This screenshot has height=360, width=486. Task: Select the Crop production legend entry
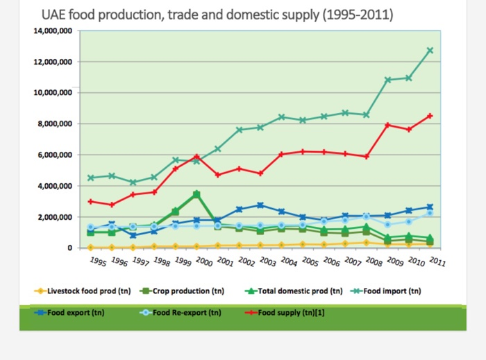[x=181, y=291]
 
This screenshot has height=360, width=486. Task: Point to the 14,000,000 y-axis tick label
[x=53, y=31]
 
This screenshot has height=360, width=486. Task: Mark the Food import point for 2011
[x=430, y=50]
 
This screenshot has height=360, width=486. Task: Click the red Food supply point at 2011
[x=430, y=116]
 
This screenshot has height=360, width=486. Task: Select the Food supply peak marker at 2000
[x=197, y=156]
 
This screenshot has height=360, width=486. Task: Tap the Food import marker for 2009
[x=388, y=80]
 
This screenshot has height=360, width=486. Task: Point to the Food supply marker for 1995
[x=90, y=201]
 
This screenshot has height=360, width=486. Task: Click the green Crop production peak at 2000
[x=197, y=195]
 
